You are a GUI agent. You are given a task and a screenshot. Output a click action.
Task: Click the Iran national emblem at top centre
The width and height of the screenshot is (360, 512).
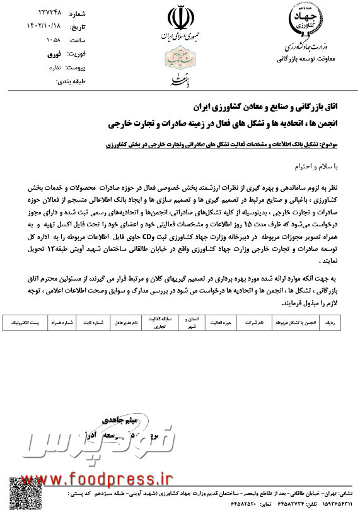(180, 18)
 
